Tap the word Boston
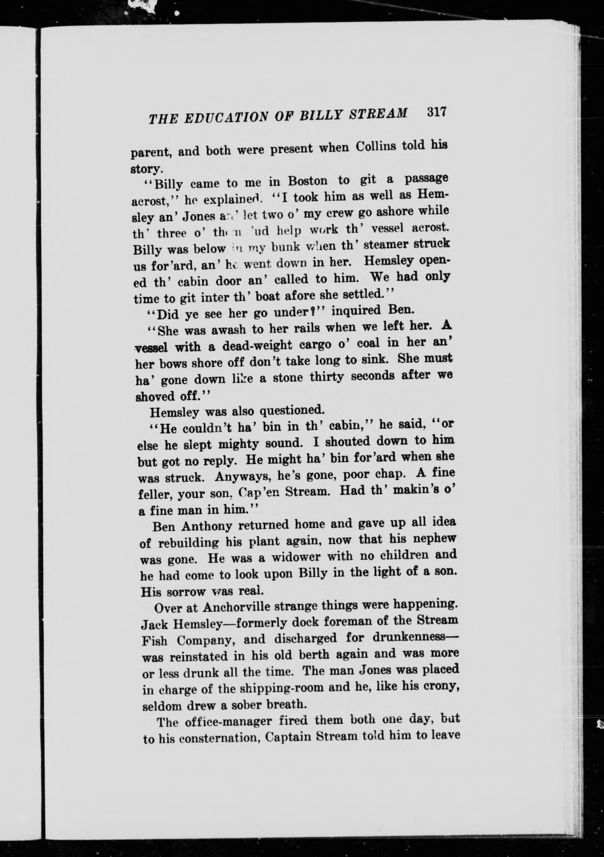(308, 181)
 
